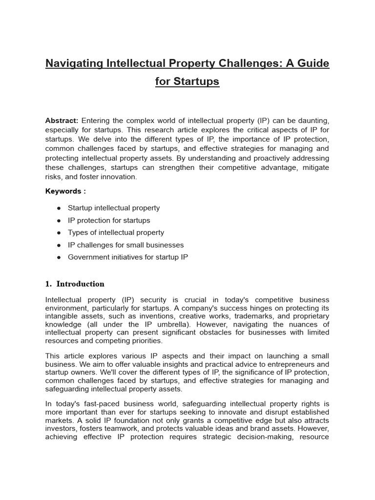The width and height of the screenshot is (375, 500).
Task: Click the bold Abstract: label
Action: pyautogui.click(x=62, y=121)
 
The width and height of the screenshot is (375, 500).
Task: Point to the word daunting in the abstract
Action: pyautogui.click(x=312, y=121)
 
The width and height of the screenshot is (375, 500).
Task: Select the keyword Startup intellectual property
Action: pyautogui.click(x=114, y=208)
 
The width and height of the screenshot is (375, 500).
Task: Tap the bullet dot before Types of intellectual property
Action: pyautogui.click(x=59, y=233)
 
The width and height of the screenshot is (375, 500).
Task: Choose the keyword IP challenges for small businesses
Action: pyautogui.click(x=125, y=245)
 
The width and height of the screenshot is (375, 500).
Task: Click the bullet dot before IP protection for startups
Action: pyautogui.click(x=59, y=221)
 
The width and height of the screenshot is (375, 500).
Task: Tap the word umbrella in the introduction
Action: pyautogui.click(x=186, y=324)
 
